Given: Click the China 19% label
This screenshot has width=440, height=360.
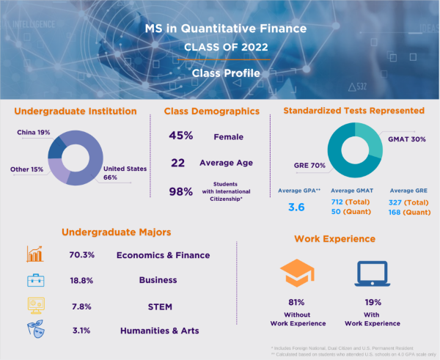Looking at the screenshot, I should (x=34, y=133).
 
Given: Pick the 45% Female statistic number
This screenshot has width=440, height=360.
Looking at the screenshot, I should (x=181, y=136).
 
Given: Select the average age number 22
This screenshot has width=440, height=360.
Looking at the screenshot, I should (x=178, y=163).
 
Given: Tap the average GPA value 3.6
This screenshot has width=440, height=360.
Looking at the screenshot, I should (x=296, y=207).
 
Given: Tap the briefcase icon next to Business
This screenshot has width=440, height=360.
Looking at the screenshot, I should (x=35, y=279).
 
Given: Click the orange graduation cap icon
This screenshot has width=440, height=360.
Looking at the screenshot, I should (x=297, y=274).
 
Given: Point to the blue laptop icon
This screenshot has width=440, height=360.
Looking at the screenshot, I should (x=371, y=274).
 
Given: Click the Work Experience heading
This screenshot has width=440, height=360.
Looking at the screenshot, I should (x=334, y=239).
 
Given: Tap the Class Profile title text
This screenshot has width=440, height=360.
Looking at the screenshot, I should (x=220, y=73).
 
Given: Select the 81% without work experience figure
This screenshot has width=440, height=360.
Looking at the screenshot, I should (x=296, y=301).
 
